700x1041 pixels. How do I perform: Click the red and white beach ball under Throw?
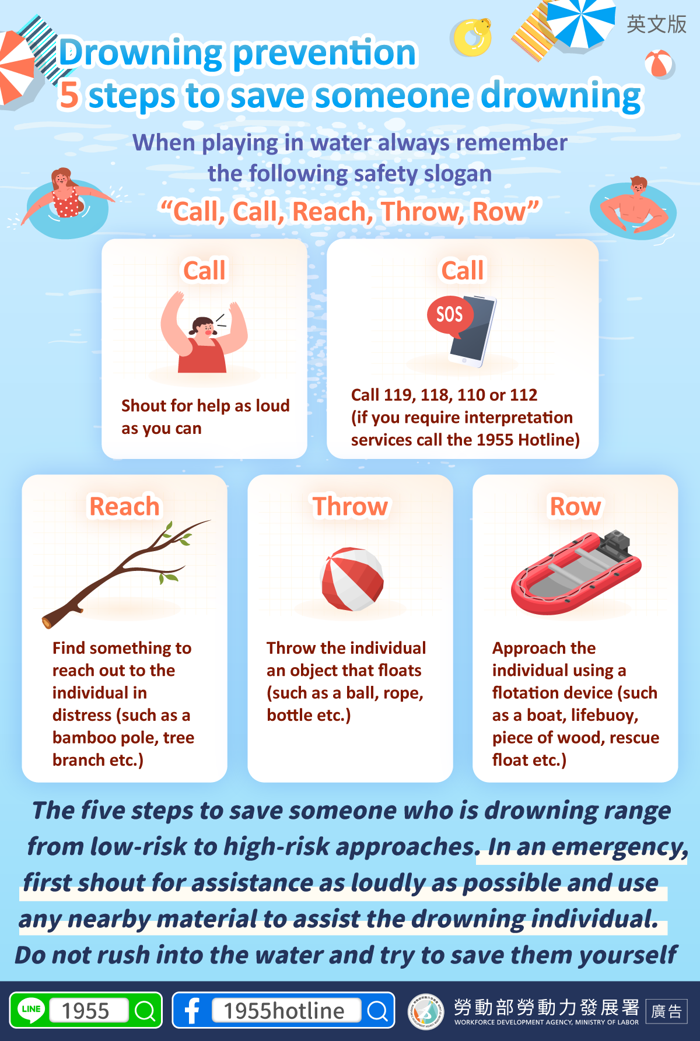coord(352,579)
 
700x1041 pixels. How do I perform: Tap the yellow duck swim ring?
coord(473,38)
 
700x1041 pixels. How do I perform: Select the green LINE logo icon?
coord(31,1010)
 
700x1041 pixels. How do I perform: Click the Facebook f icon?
coord(192,1010)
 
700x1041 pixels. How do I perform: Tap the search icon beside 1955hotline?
coord(377,1011)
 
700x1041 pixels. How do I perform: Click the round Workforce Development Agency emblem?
coord(426,1011)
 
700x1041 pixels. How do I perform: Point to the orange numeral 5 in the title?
coord(69,95)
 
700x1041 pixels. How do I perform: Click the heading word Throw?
coord(350,506)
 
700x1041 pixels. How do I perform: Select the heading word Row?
coord(575,506)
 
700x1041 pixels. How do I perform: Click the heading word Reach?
coord(124,506)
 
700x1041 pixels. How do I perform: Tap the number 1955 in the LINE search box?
coord(85,1011)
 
